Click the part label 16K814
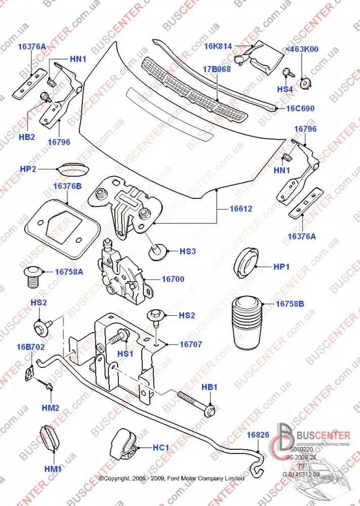click(218, 46)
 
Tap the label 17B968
click(217, 69)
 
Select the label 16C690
click(301, 108)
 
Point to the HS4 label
click(285, 89)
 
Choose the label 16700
click(173, 279)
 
